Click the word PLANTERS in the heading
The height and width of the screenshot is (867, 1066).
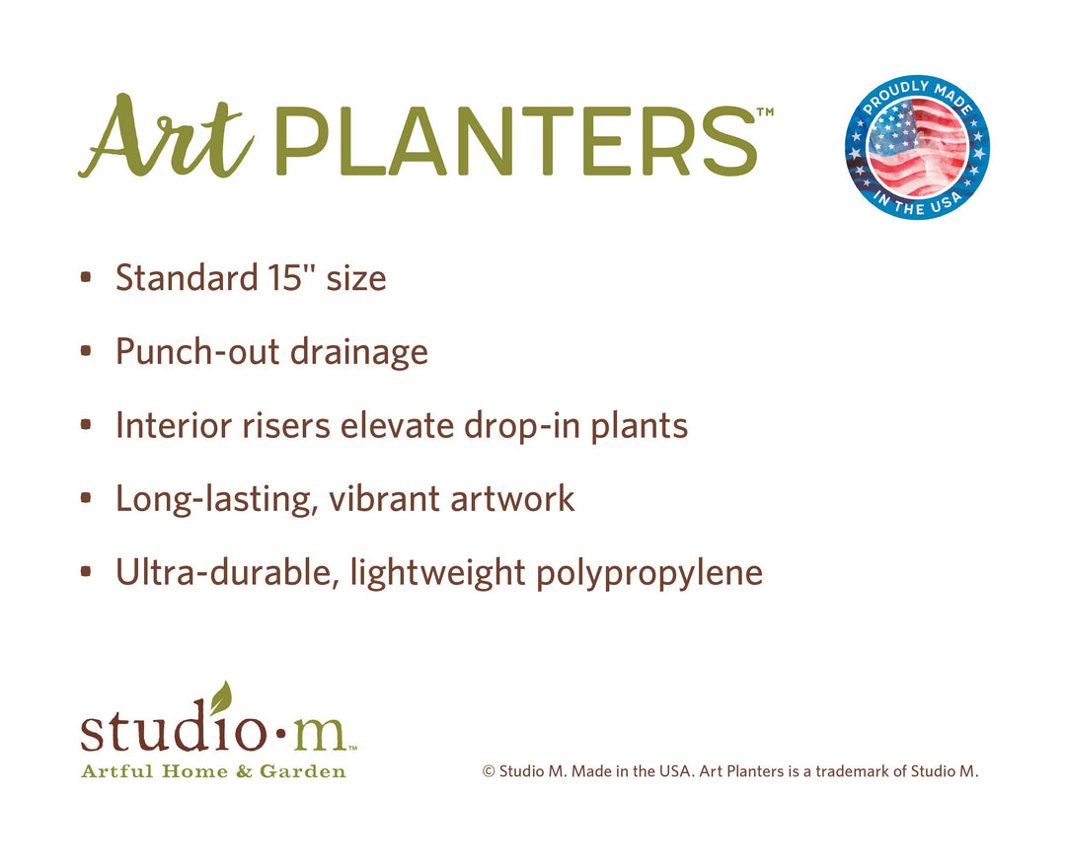(x=516, y=142)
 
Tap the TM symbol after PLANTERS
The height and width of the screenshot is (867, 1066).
(x=765, y=112)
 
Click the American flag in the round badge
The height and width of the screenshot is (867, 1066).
(x=918, y=147)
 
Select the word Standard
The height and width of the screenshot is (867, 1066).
(x=187, y=278)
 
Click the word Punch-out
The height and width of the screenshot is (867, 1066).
(x=197, y=351)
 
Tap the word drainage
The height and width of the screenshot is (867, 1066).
(x=359, y=353)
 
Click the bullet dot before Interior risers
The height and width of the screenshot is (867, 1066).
(x=86, y=425)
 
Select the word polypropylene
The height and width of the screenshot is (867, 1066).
(x=649, y=573)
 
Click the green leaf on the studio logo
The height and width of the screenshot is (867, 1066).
(x=221, y=697)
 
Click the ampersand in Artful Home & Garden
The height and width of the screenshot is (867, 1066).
(x=244, y=771)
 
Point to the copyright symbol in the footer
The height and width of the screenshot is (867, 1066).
(x=489, y=771)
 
